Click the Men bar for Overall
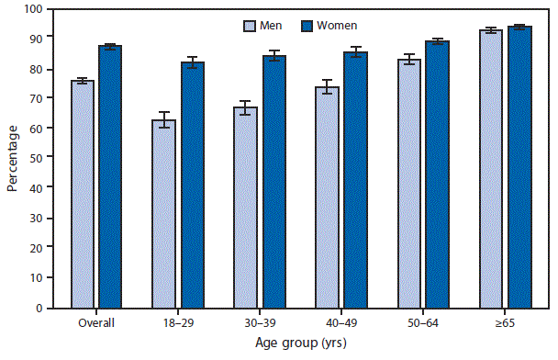tap(83, 194)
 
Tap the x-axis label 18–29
tap(178, 323)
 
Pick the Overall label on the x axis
tap(96, 323)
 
